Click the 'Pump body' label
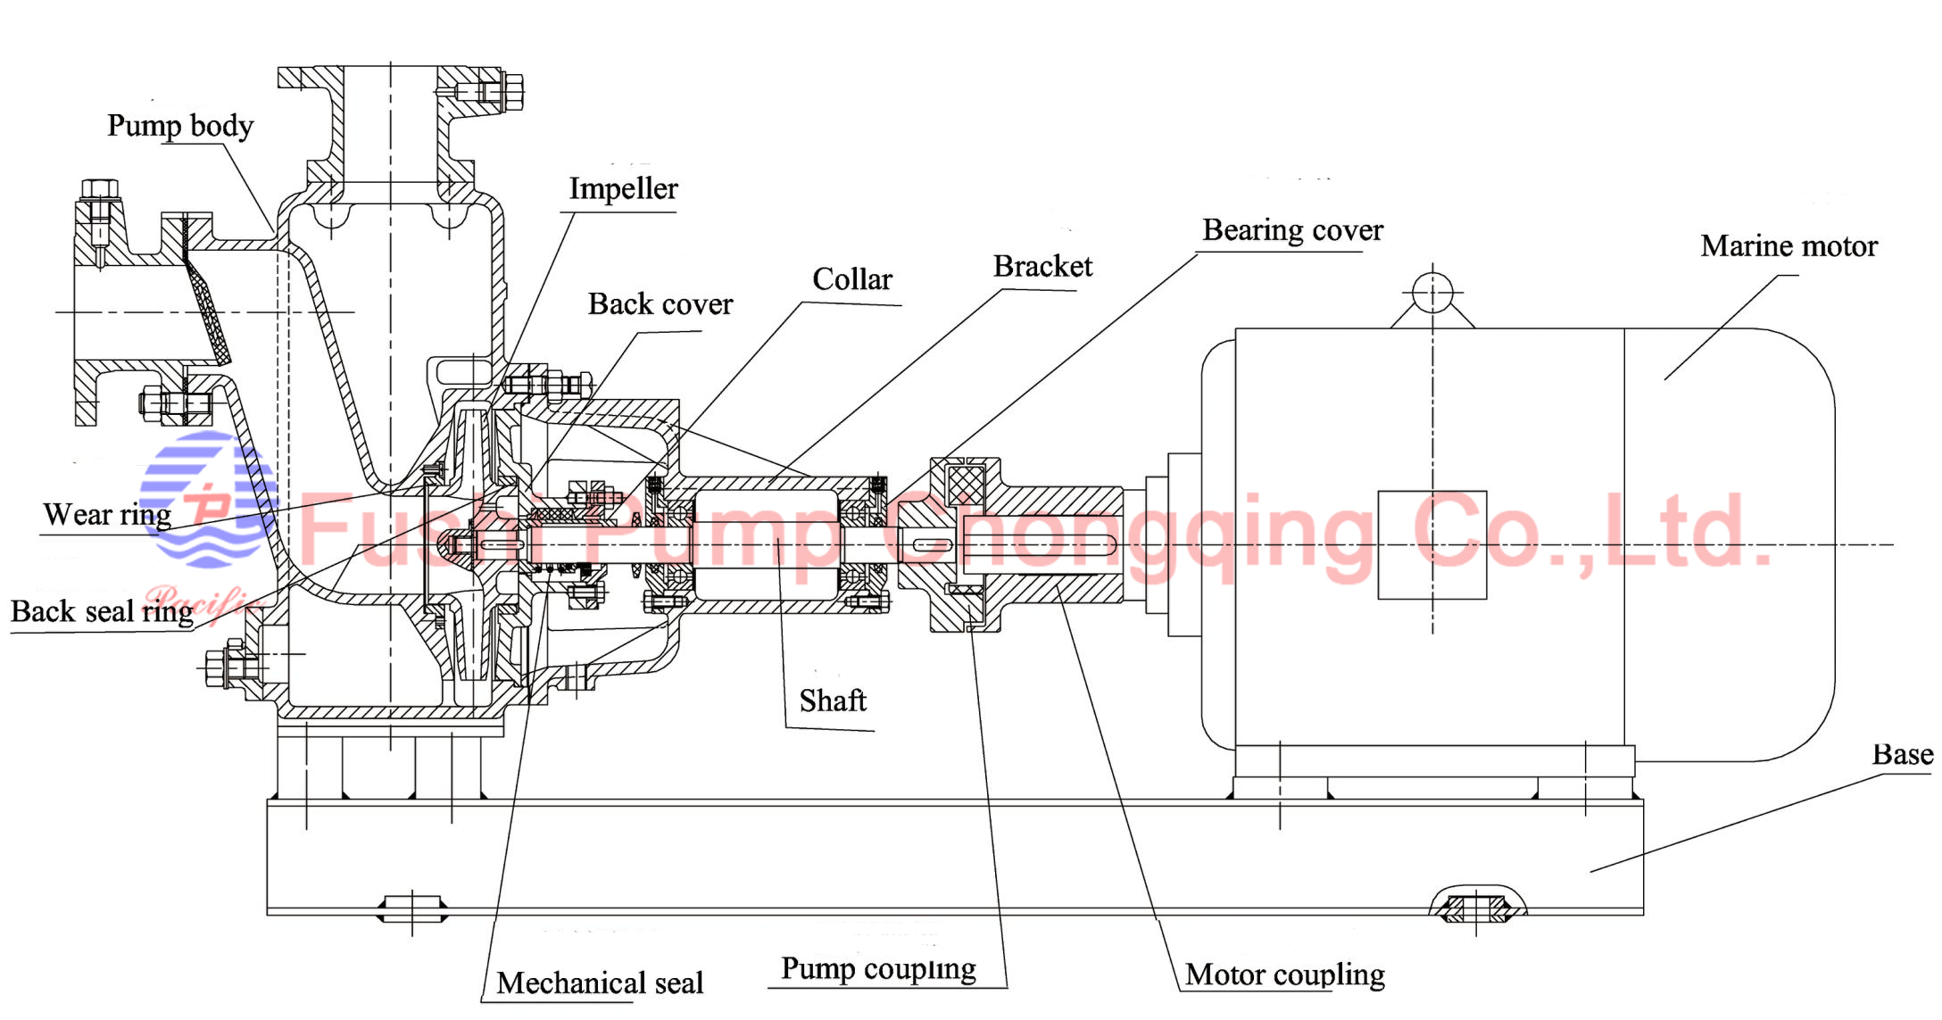[x=180, y=126]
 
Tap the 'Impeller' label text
[x=623, y=189]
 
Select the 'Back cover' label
[x=660, y=304]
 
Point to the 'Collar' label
[x=851, y=279]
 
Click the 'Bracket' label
[x=1042, y=267]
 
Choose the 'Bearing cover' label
[x=1292, y=230]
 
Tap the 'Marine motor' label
[x=1788, y=246]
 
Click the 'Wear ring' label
[x=107, y=515]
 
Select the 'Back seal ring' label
[x=102, y=612]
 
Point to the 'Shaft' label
[x=833, y=701]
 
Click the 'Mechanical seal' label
[x=600, y=983]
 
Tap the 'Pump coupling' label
[x=878, y=969]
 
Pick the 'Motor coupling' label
[x=1284, y=974]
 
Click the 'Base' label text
[x=1902, y=755]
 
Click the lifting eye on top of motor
[x=1432, y=293]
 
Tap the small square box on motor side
[x=1432, y=544]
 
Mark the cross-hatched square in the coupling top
[x=966, y=485]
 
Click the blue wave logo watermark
[x=207, y=500]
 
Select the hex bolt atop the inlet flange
[x=99, y=189]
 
